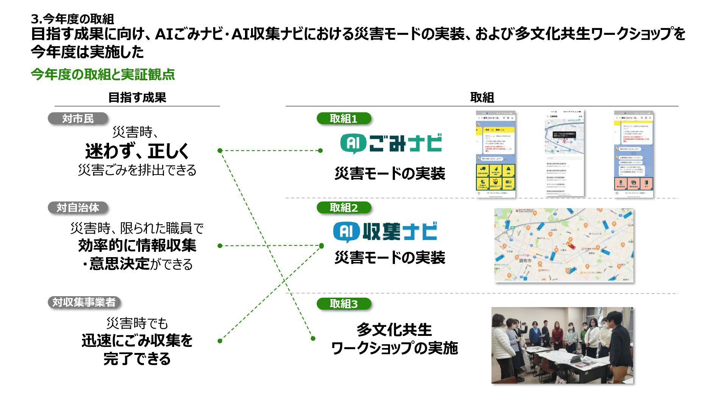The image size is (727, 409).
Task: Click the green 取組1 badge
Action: (x=343, y=119)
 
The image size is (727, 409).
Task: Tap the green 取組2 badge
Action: (x=343, y=208)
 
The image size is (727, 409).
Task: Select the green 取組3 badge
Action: (x=343, y=304)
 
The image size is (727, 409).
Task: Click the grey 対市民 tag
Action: (x=78, y=119)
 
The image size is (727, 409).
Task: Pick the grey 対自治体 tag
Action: (x=78, y=208)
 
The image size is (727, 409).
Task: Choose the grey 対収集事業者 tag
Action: (x=84, y=302)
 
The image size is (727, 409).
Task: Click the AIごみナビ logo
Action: (x=391, y=144)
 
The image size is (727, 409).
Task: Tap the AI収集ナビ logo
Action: (x=385, y=231)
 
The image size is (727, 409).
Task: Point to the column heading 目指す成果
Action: (x=137, y=97)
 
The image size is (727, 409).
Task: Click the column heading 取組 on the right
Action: (x=482, y=97)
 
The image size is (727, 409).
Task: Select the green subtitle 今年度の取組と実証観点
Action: (x=103, y=74)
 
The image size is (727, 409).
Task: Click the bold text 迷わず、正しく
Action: (x=137, y=151)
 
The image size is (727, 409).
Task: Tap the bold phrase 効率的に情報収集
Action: (x=137, y=245)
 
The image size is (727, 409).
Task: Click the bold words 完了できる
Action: (x=137, y=358)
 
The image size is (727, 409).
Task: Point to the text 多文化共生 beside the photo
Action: (x=394, y=329)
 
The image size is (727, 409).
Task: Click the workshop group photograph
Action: (x=562, y=345)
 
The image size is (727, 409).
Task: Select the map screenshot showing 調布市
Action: (x=564, y=245)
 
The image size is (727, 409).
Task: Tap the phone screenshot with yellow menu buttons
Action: (x=496, y=154)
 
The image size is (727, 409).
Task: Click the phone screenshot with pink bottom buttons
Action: (x=633, y=154)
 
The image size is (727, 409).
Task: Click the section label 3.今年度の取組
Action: (x=72, y=19)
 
